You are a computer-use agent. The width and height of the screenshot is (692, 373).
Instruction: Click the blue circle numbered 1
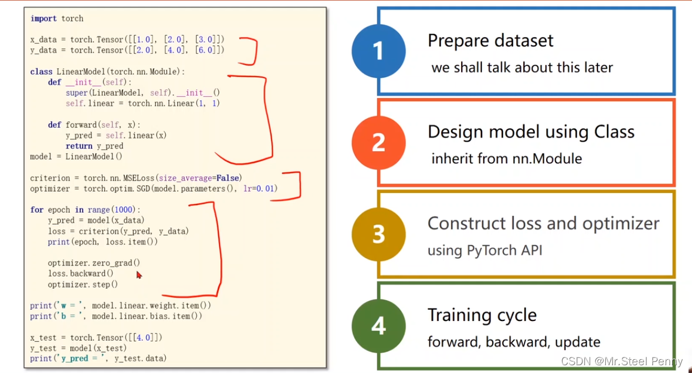[x=378, y=51]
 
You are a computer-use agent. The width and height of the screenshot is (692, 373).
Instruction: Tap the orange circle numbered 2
[x=378, y=143]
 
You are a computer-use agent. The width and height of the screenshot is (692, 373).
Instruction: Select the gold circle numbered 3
[x=378, y=234]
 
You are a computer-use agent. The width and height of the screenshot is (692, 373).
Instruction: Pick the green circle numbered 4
[x=378, y=326]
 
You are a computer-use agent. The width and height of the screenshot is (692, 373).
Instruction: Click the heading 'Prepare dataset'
[x=490, y=41]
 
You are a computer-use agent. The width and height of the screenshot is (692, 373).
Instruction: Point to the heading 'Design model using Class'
[x=531, y=132]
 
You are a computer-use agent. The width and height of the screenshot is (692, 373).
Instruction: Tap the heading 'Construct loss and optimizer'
[x=543, y=224]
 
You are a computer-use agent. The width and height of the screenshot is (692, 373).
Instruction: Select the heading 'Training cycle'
[x=482, y=315]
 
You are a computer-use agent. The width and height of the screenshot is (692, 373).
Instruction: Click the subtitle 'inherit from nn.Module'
[x=507, y=159]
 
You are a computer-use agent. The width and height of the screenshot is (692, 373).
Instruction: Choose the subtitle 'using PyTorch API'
[x=484, y=250]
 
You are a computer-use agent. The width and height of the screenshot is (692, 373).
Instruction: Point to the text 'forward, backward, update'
[x=514, y=342]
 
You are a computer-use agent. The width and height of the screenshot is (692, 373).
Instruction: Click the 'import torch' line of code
[x=57, y=19]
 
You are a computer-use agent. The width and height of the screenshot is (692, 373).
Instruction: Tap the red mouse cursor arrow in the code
[x=139, y=275]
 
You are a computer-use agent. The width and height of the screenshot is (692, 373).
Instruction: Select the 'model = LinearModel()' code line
[x=76, y=157]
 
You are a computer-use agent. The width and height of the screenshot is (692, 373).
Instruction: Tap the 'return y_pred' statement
[x=94, y=146]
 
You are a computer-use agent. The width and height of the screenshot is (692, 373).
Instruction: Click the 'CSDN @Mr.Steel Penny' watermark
[x=621, y=362]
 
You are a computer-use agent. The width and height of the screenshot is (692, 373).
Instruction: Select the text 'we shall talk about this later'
[x=522, y=68]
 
